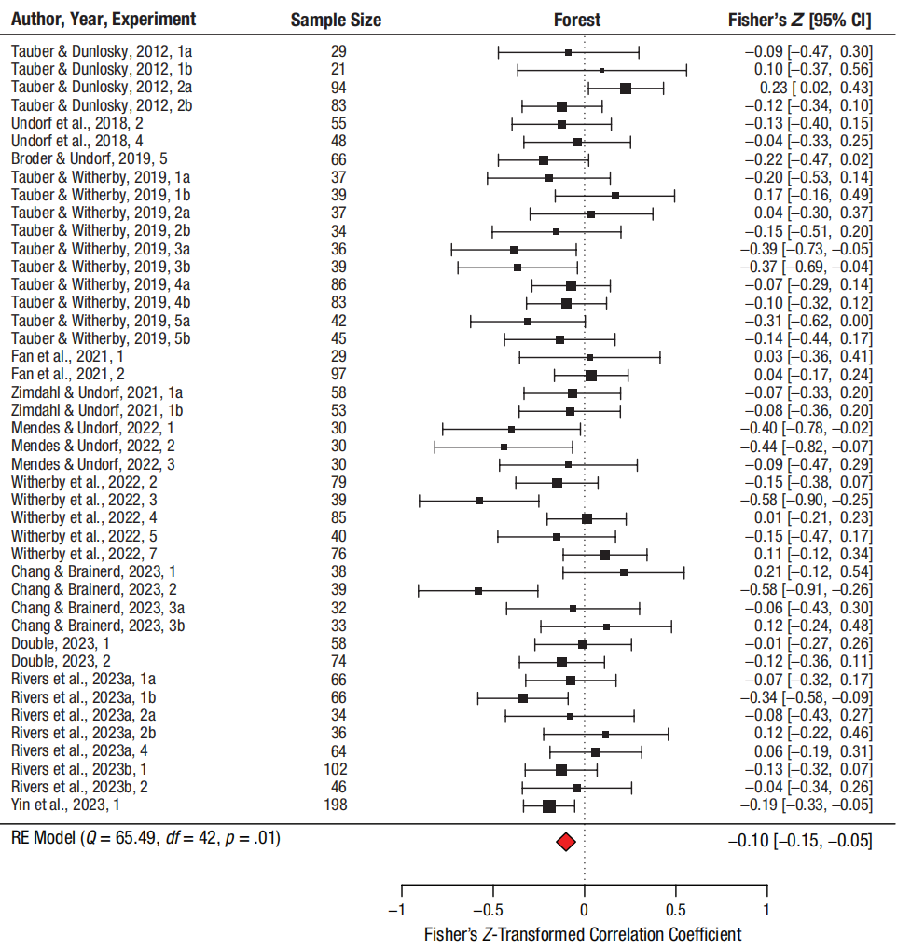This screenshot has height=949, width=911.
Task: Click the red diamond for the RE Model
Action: click(565, 842)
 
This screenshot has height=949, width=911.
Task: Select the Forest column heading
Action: click(577, 20)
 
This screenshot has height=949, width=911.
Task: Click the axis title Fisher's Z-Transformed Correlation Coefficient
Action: click(583, 934)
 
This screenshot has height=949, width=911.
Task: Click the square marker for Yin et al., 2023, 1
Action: click(548, 805)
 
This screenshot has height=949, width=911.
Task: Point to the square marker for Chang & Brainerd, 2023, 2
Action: click(478, 590)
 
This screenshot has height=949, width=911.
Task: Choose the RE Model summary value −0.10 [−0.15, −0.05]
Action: click(800, 841)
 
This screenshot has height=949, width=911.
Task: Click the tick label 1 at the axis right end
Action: click(766, 911)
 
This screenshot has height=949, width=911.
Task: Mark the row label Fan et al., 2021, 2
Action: click(67, 375)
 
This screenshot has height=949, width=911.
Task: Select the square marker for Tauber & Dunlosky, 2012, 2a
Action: click(626, 88)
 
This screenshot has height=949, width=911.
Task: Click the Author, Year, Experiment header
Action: click(104, 20)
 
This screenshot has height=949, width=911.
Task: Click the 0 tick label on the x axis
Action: click(585, 911)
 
